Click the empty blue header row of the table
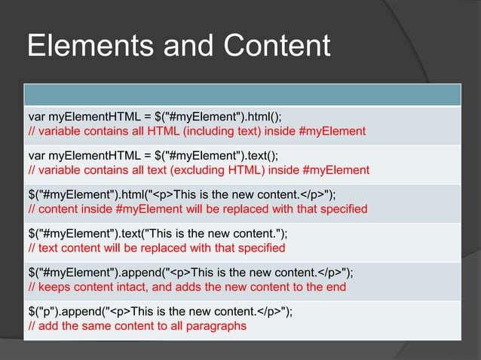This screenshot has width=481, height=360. click(241, 94)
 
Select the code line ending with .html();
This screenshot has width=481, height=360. click(155, 117)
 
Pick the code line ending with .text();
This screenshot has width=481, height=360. click(153, 155)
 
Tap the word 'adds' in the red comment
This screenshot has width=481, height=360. click(198, 286)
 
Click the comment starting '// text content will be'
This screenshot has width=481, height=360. click(156, 247)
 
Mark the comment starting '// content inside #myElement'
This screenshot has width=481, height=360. click(198, 209)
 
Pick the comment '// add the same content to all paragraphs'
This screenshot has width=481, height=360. click(137, 326)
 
